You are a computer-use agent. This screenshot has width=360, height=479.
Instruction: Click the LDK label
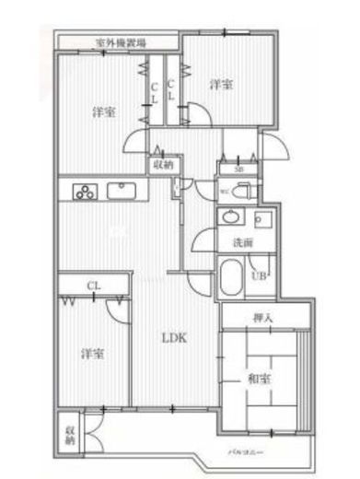tap(175, 338)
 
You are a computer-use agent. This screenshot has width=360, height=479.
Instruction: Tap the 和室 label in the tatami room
tap(258, 378)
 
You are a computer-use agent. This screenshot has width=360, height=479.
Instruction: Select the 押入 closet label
tap(262, 318)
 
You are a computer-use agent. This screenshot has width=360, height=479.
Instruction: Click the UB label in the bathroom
tap(260, 275)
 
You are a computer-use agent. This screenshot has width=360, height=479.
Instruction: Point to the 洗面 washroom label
tap(242, 243)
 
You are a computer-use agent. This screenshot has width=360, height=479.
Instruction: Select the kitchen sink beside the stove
tap(122, 191)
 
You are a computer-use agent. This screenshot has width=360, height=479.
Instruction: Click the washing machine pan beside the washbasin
tap(263, 221)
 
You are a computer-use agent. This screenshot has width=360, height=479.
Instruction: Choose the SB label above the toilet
tap(238, 169)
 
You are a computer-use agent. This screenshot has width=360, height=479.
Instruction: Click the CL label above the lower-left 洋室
tap(93, 286)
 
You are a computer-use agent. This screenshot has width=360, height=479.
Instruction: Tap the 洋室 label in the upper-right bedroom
tap(220, 85)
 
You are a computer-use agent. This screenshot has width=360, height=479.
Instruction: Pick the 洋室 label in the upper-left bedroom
tap(103, 112)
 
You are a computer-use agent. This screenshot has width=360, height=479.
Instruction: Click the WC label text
tap(225, 192)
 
